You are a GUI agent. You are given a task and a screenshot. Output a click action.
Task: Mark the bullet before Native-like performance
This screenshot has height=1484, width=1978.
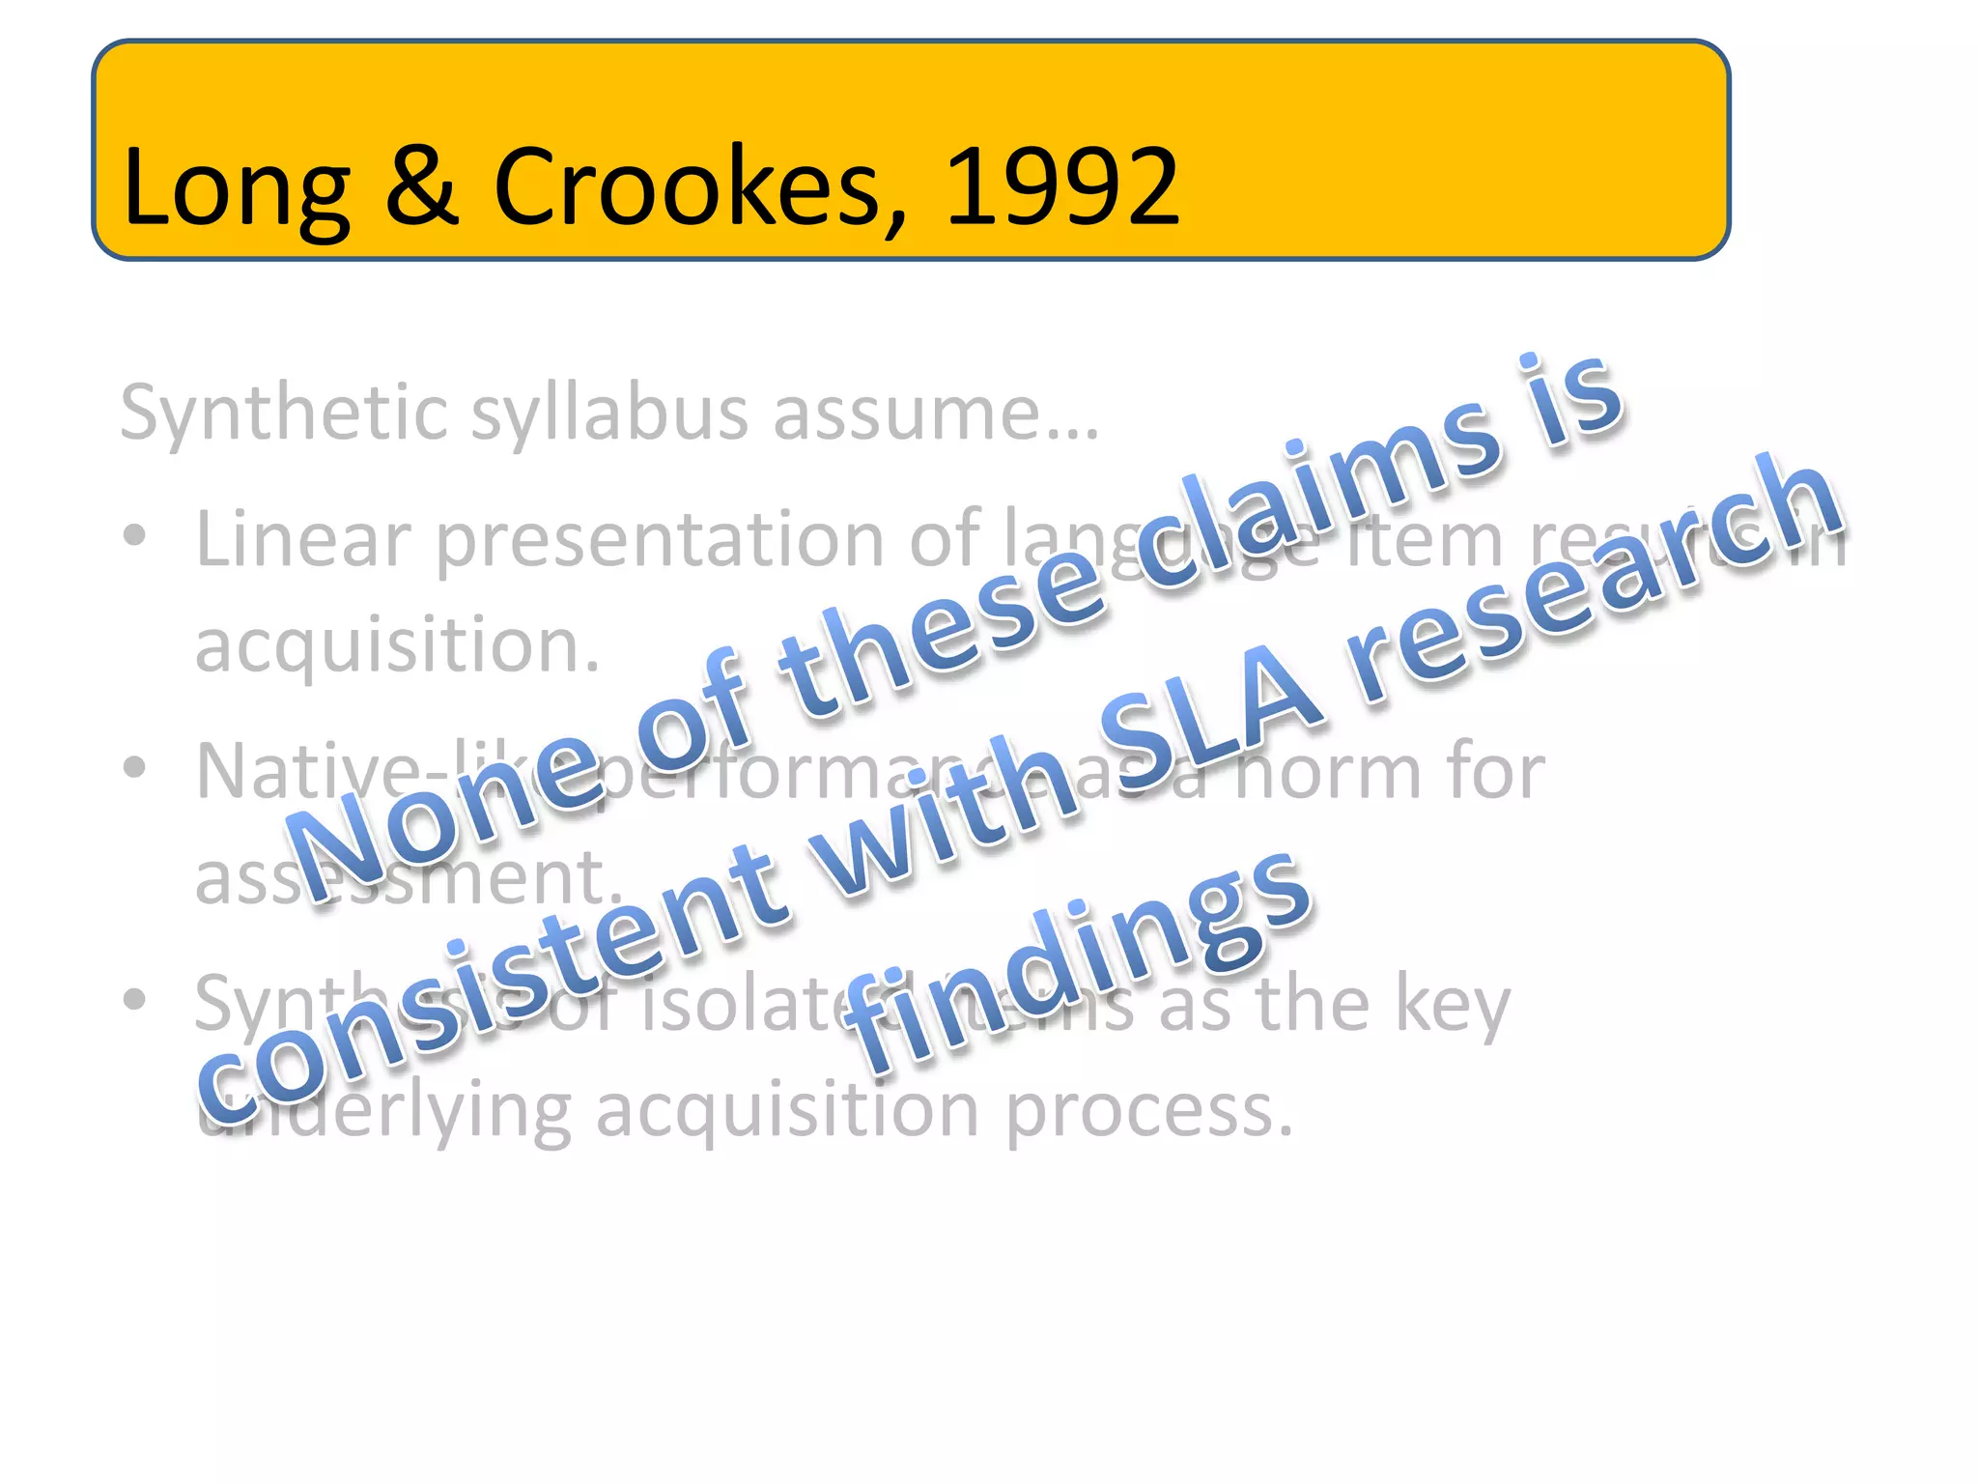pos(134,767)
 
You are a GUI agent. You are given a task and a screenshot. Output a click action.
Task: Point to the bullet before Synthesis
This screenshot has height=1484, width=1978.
pos(134,999)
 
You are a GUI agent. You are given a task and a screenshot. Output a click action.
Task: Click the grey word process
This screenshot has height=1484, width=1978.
pos(1148,1111)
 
